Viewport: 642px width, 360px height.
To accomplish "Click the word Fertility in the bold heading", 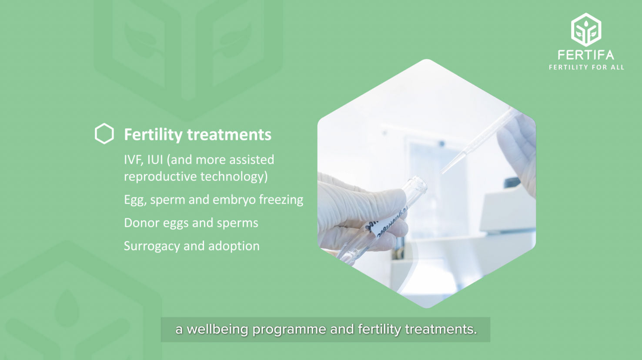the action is point(154,135).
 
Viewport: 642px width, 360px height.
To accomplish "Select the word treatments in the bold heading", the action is point(229,135).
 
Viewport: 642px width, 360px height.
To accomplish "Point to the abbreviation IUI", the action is point(155,160).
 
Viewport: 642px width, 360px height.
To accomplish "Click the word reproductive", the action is point(160,177).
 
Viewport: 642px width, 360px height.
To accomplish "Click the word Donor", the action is point(142,223).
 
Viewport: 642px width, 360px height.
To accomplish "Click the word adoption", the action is point(234,246).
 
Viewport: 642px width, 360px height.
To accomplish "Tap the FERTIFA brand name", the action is point(586,55).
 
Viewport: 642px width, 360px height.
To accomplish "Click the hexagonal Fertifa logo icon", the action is point(586,30).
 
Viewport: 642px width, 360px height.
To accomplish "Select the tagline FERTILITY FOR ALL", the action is point(586,67).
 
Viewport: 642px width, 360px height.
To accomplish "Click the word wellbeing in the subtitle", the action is point(217,330).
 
